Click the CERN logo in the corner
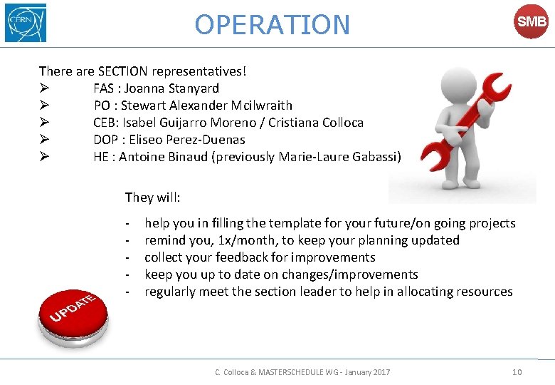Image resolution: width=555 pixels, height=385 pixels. (x=26, y=23)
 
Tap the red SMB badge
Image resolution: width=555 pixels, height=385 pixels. (x=532, y=23)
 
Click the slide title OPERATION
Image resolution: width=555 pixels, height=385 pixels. (x=273, y=25)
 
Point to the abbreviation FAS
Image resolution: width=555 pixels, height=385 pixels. (x=105, y=88)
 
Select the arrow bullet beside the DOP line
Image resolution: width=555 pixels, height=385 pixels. (x=43, y=140)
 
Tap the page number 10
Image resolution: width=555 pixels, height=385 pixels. (x=517, y=372)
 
